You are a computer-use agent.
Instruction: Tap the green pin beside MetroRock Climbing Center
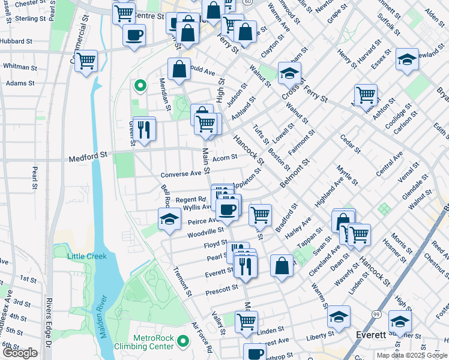pos(183,343)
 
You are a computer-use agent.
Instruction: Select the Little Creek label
pos(87,256)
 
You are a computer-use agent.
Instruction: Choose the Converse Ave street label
pos(180,175)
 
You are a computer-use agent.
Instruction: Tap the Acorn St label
pos(225,157)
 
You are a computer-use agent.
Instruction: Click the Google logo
pos(20,353)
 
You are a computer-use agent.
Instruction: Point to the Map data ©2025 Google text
pos(412,355)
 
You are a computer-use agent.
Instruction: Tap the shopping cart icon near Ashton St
pos(365,94)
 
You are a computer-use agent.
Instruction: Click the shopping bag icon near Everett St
pos(282,265)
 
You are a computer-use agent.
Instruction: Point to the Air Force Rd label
pos(202,337)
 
